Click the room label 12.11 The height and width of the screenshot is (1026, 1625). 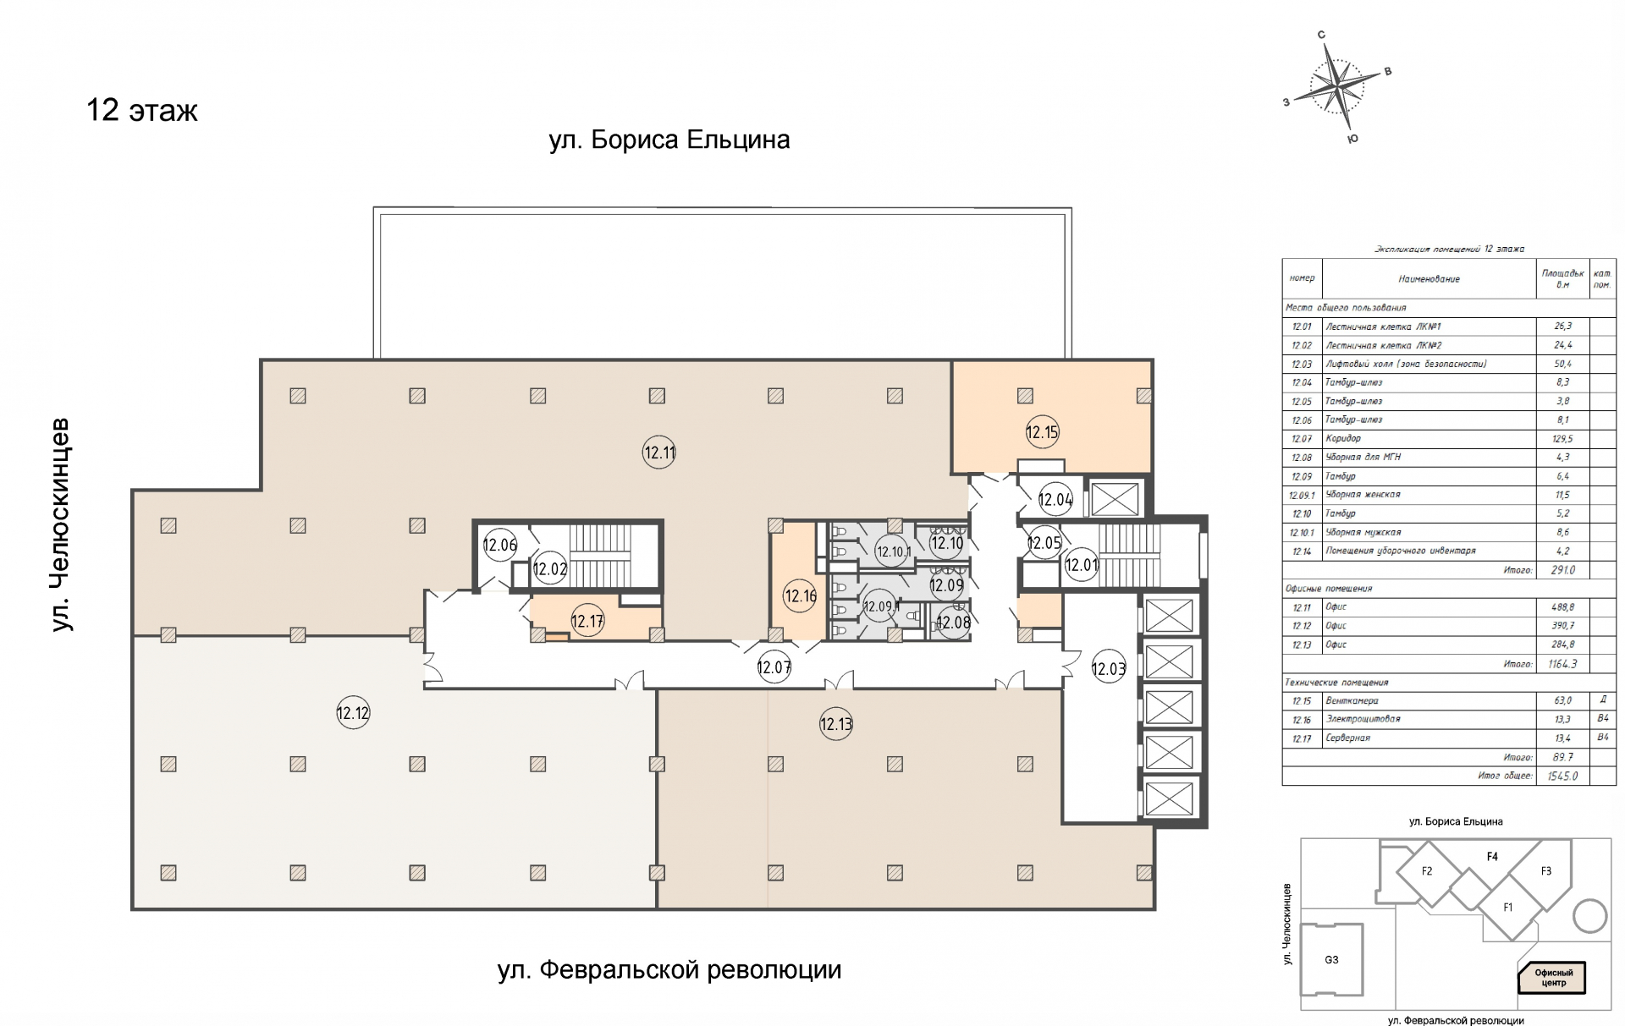pyautogui.click(x=659, y=453)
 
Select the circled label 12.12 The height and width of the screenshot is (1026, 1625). pyautogui.click(x=353, y=713)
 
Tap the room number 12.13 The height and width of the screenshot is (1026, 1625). pyautogui.click(x=835, y=724)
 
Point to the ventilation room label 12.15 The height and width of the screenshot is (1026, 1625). pyautogui.click(x=1042, y=432)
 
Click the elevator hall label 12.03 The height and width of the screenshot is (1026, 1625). pyautogui.click(x=1108, y=669)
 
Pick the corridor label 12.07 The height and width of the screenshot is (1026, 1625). pyautogui.click(x=774, y=667)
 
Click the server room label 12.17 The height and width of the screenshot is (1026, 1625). pyautogui.click(x=587, y=622)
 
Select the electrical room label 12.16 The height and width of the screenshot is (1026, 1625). pyautogui.click(x=800, y=595)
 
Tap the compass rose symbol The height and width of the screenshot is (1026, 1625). pyautogui.click(x=1338, y=85)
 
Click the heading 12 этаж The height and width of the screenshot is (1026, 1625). pyautogui.click(x=142, y=111)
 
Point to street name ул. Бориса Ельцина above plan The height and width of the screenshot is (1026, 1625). pyautogui.click(x=669, y=140)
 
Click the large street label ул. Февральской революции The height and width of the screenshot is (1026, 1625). pyautogui.click(x=669, y=969)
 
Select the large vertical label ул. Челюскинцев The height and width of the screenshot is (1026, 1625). pyautogui.click(x=61, y=524)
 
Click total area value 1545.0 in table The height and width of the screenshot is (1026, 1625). pyautogui.click(x=1562, y=776)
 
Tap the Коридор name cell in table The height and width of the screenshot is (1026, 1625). pyautogui.click(x=1343, y=438)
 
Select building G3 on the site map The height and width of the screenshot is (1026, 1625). pyautogui.click(x=1331, y=959)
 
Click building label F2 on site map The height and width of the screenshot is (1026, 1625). pyautogui.click(x=1427, y=871)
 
